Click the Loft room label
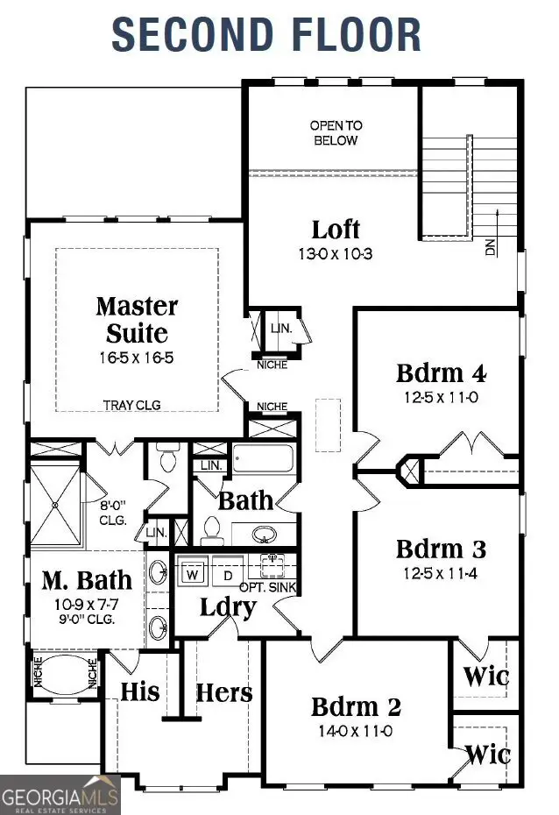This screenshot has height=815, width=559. coord(336,230)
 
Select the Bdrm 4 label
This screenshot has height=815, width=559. coord(441,372)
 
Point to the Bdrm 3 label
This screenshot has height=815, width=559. coord(441,549)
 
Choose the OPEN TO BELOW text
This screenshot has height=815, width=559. coord(334,133)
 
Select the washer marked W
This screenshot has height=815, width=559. coord(193,575)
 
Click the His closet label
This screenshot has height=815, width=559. coord(140,691)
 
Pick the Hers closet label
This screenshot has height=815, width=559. coord(223,692)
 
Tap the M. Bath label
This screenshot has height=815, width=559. coord(88,579)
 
